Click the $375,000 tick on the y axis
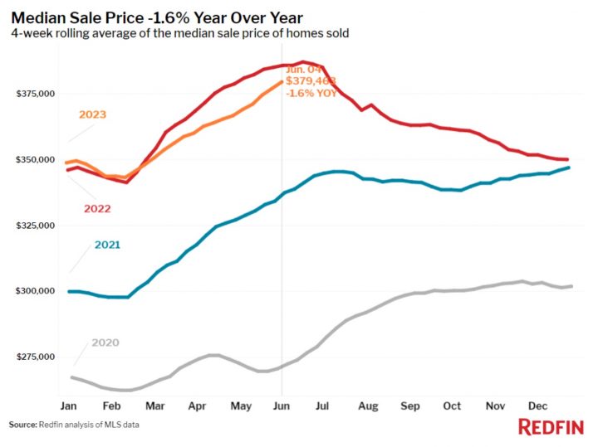click(x=35, y=94)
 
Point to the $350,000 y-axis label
click(x=35, y=159)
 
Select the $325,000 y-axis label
click(x=35, y=226)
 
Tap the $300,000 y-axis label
click(x=35, y=291)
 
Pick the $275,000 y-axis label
click(x=35, y=357)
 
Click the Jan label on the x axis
click(x=69, y=407)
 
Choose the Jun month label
click(x=282, y=407)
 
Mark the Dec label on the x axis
click(x=538, y=407)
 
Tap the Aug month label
click(x=368, y=407)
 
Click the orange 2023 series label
click(x=92, y=114)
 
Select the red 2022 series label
click(x=99, y=208)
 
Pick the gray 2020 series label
click(x=105, y=343)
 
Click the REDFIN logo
click(x=549, y=427)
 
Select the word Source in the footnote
click(x=22, y=425)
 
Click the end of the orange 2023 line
click(x=282, y=82)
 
